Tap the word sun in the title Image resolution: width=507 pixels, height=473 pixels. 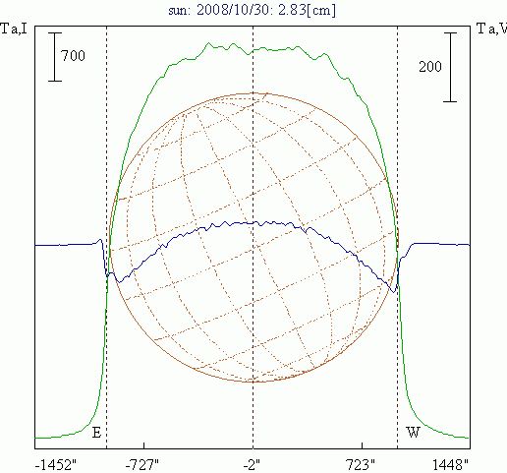point(179,11)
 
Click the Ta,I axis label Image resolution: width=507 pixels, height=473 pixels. point(14,29)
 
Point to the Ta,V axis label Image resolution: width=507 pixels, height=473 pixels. point(491,29)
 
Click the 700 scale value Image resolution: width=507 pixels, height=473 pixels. point(73,56)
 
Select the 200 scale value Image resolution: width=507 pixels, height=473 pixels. point(430,67)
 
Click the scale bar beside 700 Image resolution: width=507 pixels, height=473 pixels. point(55,57)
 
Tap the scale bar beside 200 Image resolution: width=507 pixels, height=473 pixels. point(450,67)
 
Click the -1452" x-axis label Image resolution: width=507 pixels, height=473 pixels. point(55,465)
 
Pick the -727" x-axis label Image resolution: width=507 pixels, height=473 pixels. point(142,465)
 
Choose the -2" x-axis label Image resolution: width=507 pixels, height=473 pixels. point(252,465)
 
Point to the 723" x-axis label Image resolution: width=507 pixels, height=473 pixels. point(361,465)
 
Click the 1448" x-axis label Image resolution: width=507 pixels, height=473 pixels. point(451,465)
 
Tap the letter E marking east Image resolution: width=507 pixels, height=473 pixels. point(96,433)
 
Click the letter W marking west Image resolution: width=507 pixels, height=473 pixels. point(413,433)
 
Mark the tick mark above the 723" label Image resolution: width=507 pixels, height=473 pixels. point(362,445)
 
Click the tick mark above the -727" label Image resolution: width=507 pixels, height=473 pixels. point(143,445)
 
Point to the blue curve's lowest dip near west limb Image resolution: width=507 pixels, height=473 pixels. point(394,292)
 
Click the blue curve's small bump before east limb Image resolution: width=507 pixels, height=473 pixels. point(100,240)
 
